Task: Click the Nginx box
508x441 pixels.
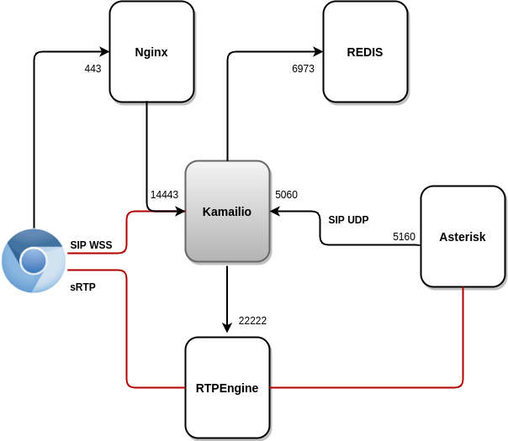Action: click(x=151, y=52)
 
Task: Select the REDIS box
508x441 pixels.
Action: click(x=365, y=52)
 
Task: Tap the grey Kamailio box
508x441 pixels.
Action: click(x=227, y=212)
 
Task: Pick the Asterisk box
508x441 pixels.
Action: click(x=463, y=237)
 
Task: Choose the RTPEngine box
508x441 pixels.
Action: click(x=227, y=388)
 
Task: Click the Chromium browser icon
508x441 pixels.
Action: click(x=34, y=260)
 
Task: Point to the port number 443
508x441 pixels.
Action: click(x=93, y=69)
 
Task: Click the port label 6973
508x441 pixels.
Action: click(x=303, y=69)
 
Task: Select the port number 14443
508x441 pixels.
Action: click(x=164, y=195)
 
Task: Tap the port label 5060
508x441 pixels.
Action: click(x=286, y=195)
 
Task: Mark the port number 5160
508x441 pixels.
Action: click(x=404, y=237)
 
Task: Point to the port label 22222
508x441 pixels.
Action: click(x=252, y=321)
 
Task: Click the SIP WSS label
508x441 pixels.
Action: click(x=91, y=245)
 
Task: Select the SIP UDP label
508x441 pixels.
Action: click(x=348, y=220)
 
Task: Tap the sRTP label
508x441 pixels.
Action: click(x=82, y=287)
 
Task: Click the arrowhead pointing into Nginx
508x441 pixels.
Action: click(x=104, y=52)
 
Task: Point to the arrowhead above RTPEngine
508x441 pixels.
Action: click(x=227, y=328)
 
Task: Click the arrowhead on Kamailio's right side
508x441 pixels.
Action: click(x=275, y=212)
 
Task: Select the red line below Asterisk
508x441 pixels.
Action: click(x=463, y=336)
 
